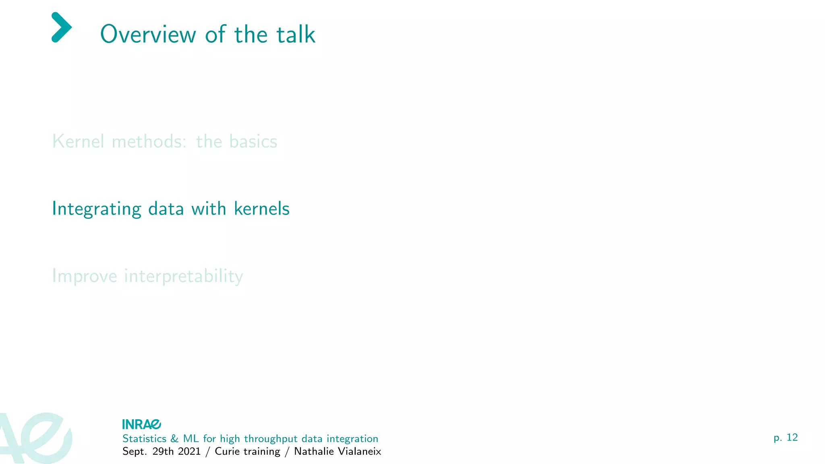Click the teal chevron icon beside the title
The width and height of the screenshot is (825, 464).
tap(62, 27)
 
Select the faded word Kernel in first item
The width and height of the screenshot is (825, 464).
tap(78, 141)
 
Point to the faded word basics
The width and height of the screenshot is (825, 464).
tap(253, 141)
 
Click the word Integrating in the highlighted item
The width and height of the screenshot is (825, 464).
tap(97, 209)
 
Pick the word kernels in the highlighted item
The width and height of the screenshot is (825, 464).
tap(261, 209)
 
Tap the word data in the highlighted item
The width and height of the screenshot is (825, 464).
tap(166, 209)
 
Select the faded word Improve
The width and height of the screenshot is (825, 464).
tap(85, 276)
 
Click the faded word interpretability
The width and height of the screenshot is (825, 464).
tap(184, 276)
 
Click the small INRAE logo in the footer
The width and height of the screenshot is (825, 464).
tap(141, 424)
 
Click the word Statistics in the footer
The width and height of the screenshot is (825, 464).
tap(144, 439)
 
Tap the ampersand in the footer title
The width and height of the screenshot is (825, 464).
tap(174, 439)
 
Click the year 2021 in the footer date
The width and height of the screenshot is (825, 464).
tap(189, 452)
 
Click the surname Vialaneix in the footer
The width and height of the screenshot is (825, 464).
tap(359, 452)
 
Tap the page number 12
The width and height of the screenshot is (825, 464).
tap(792, 437)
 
